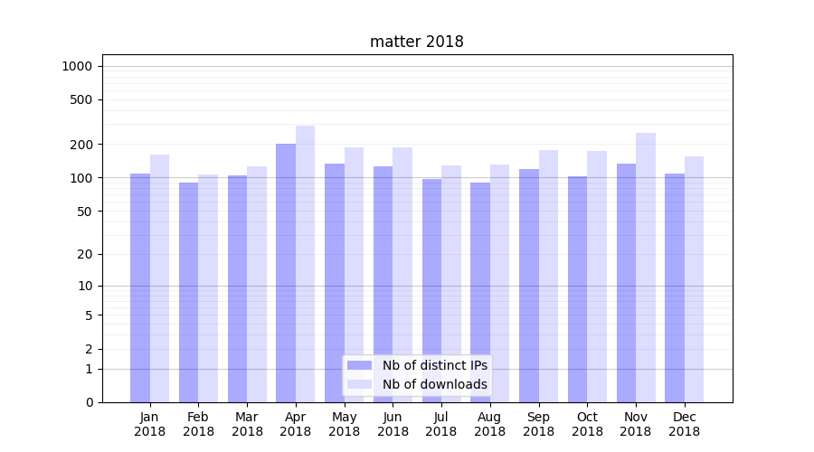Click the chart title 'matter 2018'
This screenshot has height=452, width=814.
click(x=416, y=42)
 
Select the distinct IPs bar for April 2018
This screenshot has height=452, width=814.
click(x=286, y=271)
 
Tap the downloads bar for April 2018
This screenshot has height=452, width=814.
click(x=305, y=262)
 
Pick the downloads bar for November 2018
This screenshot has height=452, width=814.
click(x=646, y=267)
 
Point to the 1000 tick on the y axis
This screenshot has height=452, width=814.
click(x=77, y=66)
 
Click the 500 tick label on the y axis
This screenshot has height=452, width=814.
click(x=80, y=99)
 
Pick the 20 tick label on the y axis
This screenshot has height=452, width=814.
click(x=84, y=254)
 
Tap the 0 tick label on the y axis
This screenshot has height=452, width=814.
click(x=88, y=402)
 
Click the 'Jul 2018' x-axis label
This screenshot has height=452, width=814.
click(x=441, y=424)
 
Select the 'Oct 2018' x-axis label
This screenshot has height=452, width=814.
click(x=587, y=424)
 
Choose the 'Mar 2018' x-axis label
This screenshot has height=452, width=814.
click(x=247, y=424)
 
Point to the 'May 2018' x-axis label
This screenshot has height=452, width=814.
click(x=345, y=424)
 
